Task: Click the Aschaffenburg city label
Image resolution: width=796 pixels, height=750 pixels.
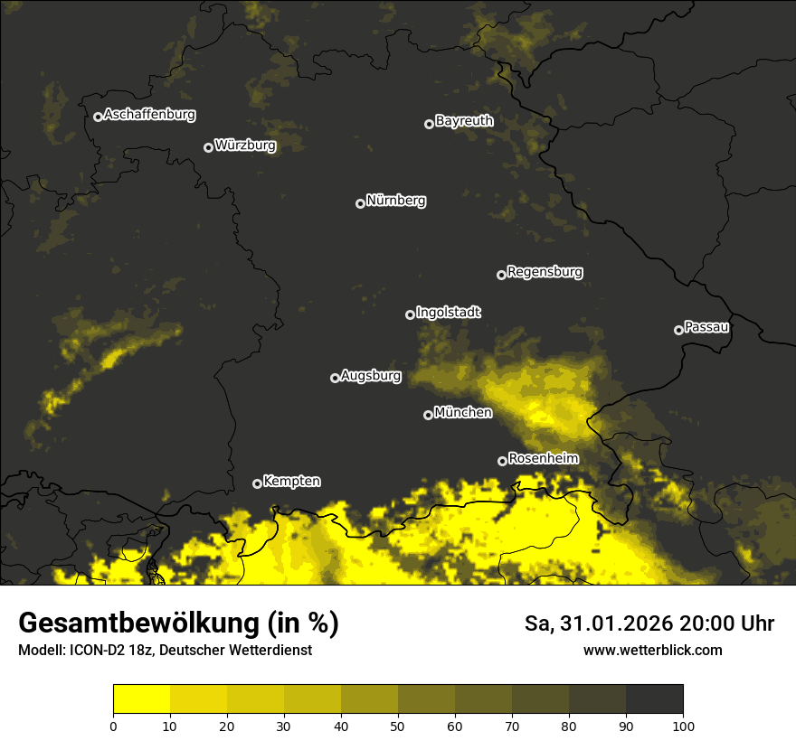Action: click(149, 115)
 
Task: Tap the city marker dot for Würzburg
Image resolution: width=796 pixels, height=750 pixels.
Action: click(208, 147)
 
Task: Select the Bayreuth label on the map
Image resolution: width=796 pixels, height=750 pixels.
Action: click(464, 120)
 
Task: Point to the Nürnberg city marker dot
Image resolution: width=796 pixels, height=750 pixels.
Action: click(360, 203)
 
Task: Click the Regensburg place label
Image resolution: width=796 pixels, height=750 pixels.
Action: click(545, 271)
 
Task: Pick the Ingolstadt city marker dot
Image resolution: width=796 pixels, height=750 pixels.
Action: click(410, 314)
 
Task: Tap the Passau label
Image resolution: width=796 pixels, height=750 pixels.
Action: click(706, 326)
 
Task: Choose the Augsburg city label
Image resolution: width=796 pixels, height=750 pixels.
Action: click(371, 375)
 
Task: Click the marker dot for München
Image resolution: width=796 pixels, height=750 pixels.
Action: click(428, 416)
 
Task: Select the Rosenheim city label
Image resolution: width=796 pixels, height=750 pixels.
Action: click(543, 458)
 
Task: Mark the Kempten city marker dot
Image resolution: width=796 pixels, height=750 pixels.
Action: click(257, 483)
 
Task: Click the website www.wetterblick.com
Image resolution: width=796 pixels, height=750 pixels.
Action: click(652, 650)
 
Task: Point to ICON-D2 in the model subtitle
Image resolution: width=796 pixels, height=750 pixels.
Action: click(100, 650)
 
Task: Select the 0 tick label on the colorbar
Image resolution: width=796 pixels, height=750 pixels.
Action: click(113, 726)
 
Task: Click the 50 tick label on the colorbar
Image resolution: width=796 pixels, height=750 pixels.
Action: click(398, 726)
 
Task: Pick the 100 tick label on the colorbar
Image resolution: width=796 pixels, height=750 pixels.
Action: click(683, 726)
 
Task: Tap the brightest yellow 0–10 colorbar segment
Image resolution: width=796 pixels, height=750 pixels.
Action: click(142, 699)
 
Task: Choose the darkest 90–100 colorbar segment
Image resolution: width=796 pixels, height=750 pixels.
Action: click(654, 699)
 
